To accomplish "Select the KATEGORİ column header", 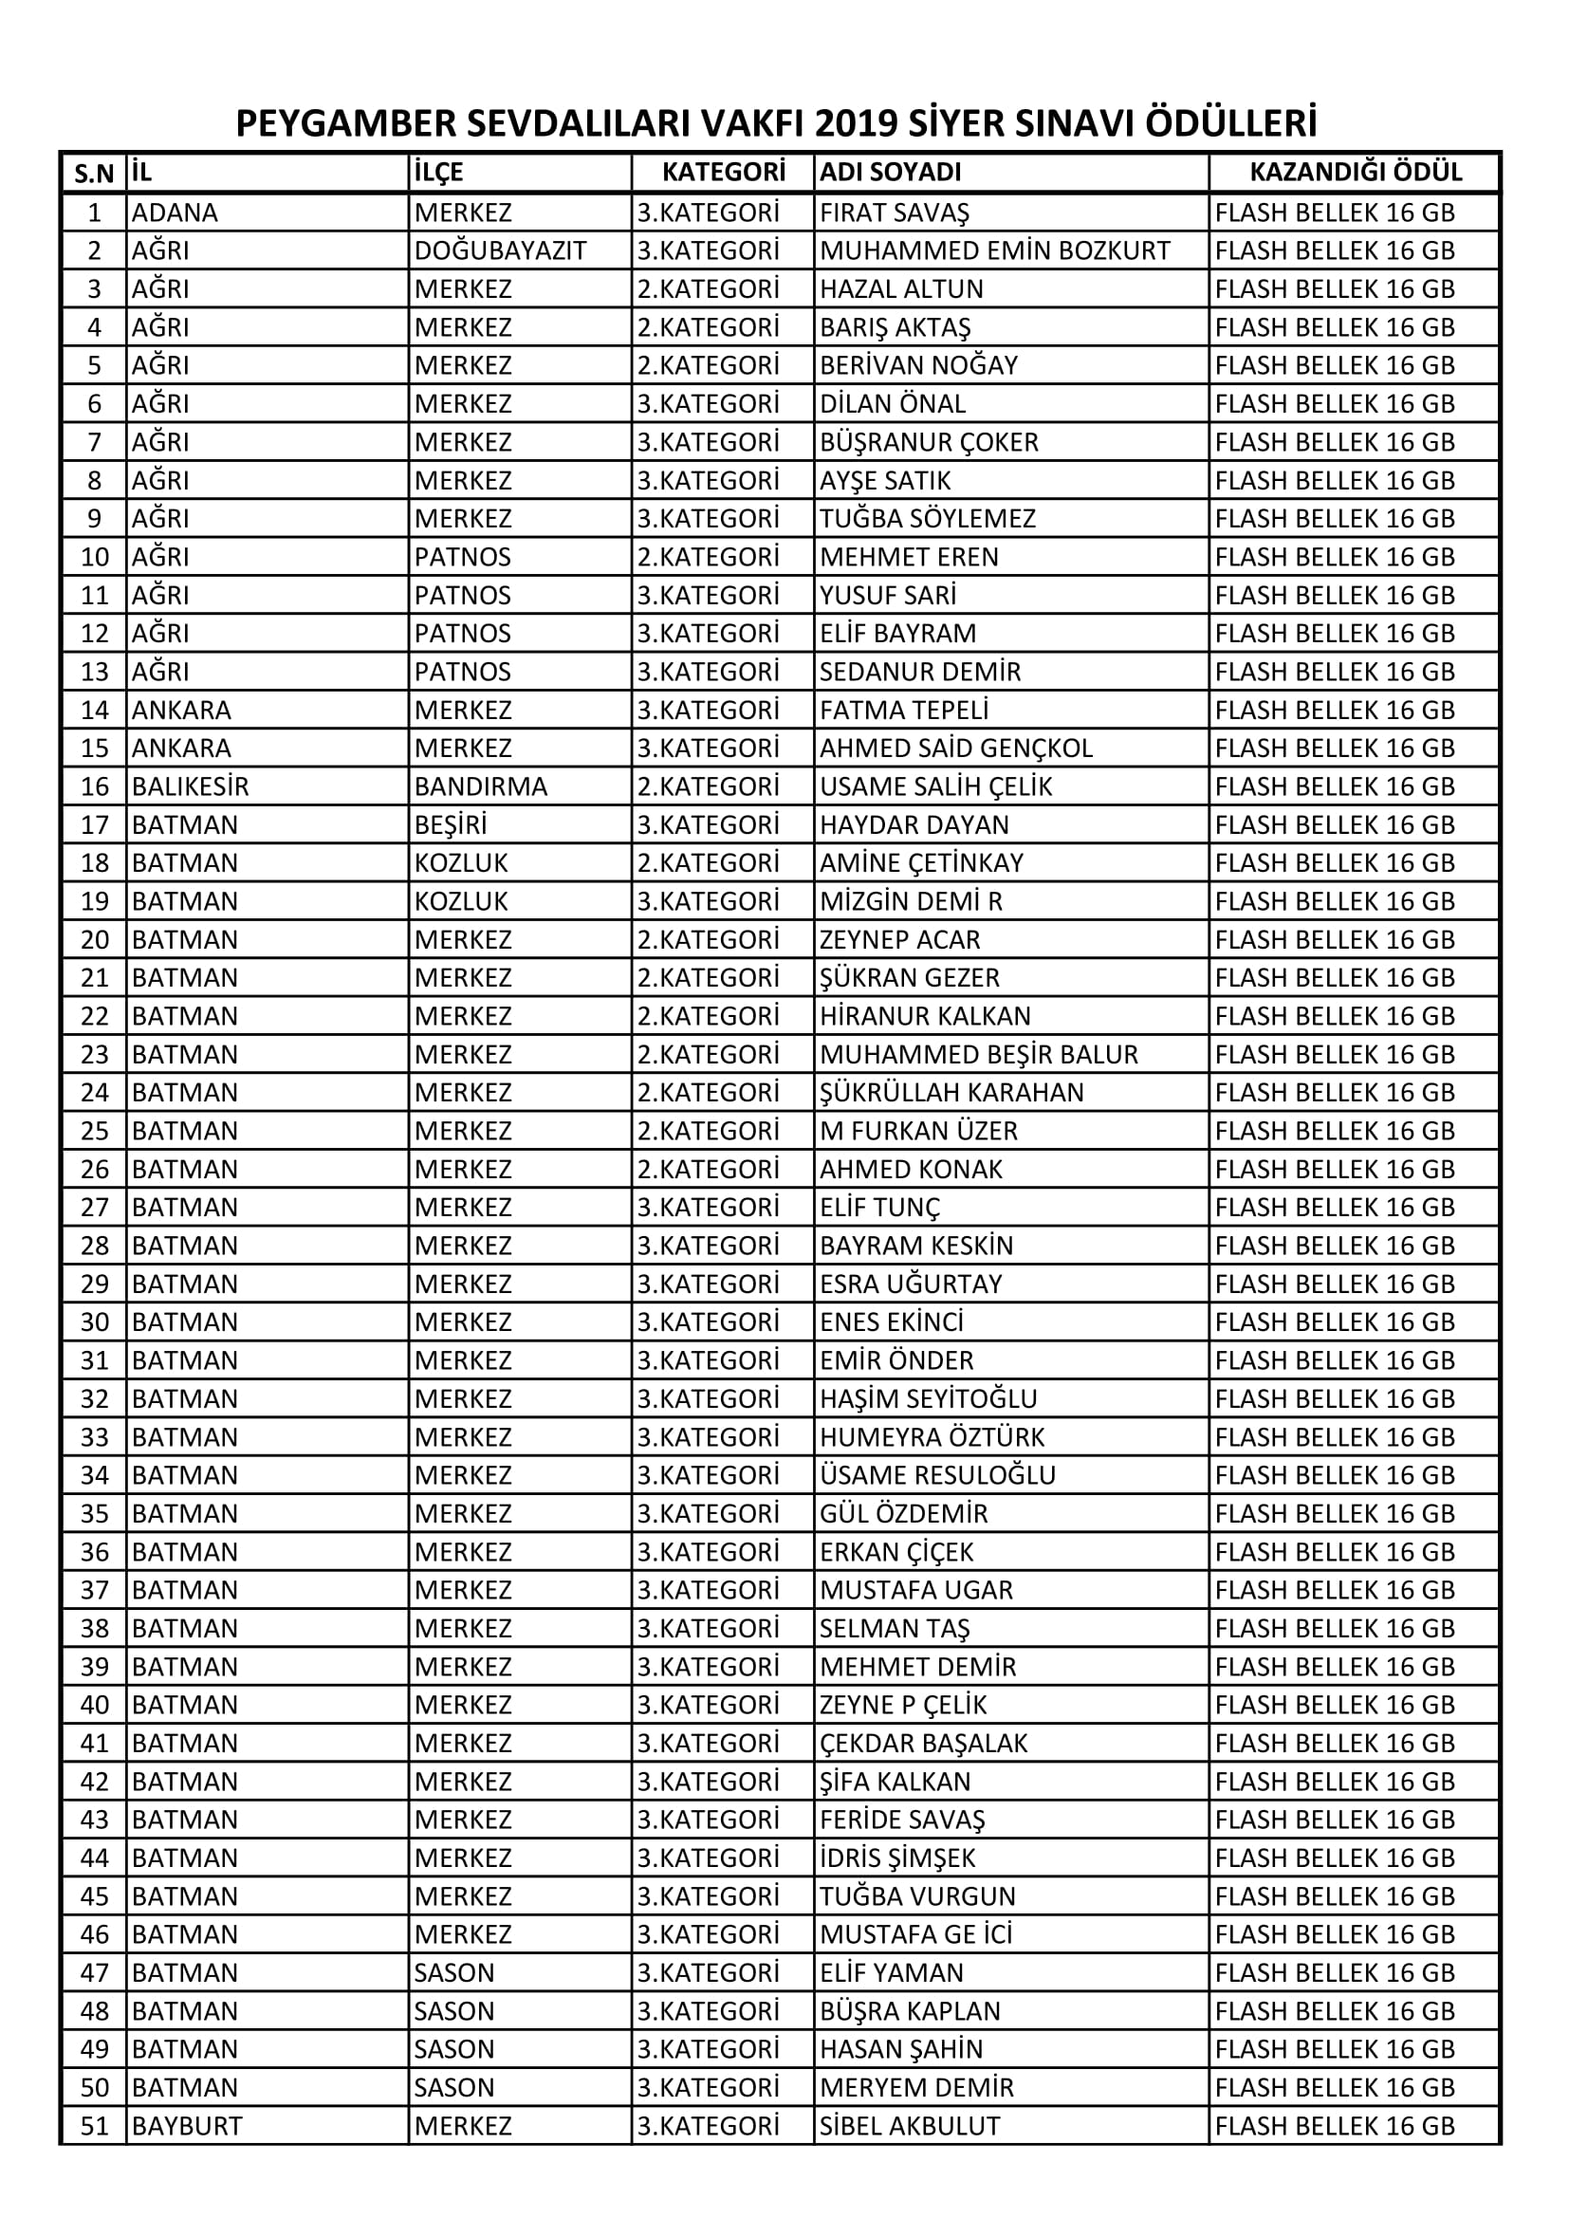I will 723,172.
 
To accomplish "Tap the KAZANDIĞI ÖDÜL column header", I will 1355,172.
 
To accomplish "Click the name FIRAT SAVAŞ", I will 894,213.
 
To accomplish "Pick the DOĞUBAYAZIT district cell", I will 500,251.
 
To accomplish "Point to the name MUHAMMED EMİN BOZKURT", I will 994,251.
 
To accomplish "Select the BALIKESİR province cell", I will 191,786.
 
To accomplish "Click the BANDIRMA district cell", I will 480,786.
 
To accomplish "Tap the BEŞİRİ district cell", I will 451,825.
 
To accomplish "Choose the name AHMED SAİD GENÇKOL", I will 955,749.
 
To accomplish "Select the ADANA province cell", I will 174,213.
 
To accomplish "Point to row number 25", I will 95,1131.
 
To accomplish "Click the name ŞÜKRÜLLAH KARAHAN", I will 951,1093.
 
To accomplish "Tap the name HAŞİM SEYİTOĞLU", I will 928,1398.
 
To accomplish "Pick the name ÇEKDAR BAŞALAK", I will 923,1743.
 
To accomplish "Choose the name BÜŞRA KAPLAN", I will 909,2010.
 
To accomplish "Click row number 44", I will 95,1858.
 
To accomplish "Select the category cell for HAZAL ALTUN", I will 708,288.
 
